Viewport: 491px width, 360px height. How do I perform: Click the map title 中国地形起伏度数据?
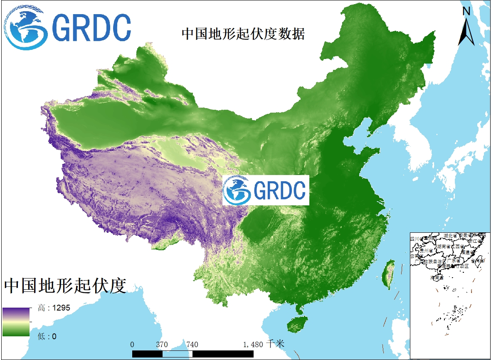(x=243, y=34)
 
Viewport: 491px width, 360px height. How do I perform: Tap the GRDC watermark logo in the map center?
(x=266, y=190)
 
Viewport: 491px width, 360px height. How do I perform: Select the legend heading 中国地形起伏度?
(x=65, y=286)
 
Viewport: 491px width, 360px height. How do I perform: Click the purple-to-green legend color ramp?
(x=16, y=322)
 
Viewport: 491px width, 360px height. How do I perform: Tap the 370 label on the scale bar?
(x=162, y=345)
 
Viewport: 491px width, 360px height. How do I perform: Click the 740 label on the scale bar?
(x=192, y=345)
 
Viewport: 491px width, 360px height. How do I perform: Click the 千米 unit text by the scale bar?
(x=275, y=344)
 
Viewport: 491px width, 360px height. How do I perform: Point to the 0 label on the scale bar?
(x=132, y=345)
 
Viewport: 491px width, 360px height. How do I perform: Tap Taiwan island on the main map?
(x=390, y=274)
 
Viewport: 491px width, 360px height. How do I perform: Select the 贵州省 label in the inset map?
(x=426, y=251)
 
